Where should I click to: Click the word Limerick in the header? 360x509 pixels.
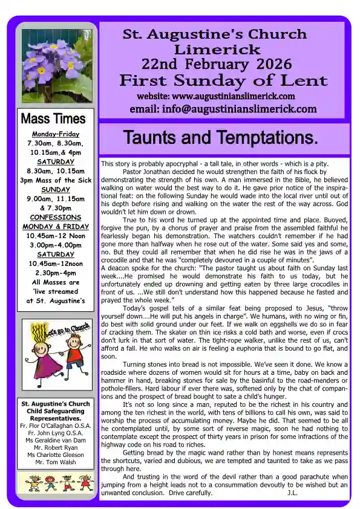(217, 50)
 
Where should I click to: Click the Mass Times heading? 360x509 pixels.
(53, 118)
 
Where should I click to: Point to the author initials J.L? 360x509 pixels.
(292, 493)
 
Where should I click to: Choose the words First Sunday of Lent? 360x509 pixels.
(223, 80)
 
